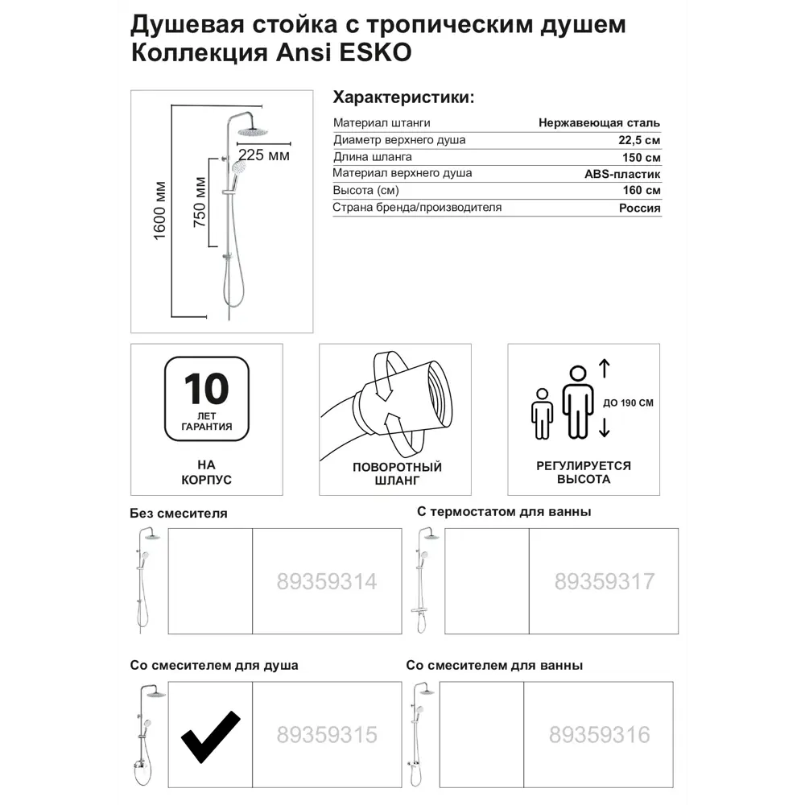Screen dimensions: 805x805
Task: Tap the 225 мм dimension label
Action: click(263, 155)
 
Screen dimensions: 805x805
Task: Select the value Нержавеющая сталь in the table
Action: click(600, 123)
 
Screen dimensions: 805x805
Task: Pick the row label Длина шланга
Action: click(373, 157)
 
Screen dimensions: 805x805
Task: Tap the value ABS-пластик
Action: click(622, 174)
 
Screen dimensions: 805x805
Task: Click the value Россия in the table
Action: click(641, 208)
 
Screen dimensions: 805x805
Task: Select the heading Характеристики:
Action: click(403, 97)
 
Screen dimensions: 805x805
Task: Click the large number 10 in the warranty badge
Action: click(207, 390)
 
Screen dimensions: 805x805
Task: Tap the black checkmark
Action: click(209, 736)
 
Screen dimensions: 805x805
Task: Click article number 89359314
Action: click(326, 581)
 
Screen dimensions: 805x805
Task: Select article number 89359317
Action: click(605, 581)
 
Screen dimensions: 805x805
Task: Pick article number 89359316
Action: click(599, 735)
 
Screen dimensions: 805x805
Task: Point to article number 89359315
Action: click(326, 735)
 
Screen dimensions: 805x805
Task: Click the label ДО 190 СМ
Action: click(627, 402)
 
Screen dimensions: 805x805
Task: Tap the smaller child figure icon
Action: click(542, 414)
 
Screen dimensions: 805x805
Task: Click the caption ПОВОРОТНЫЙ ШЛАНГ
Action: click(397, 474)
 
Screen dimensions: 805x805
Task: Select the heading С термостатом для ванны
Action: click(504, 512)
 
